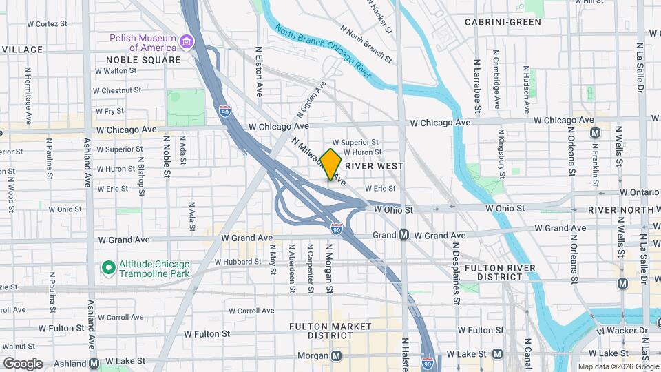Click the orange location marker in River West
[x=331, y=165]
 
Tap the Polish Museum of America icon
[x=185, y=43]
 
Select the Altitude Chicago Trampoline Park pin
[x=108, y=267]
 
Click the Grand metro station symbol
[x=404, y=235]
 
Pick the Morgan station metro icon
[x=337, y=356]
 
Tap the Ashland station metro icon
[x=94, y=363]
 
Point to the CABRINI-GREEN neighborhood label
[x=503, y=22]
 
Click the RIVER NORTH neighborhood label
[x=620, y=209]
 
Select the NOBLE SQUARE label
[x=143, y=60]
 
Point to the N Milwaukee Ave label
[x=313, y=156]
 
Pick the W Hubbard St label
[x=238, y=262]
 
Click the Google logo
[x=23, y=363]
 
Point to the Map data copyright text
[x=618, y=366]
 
